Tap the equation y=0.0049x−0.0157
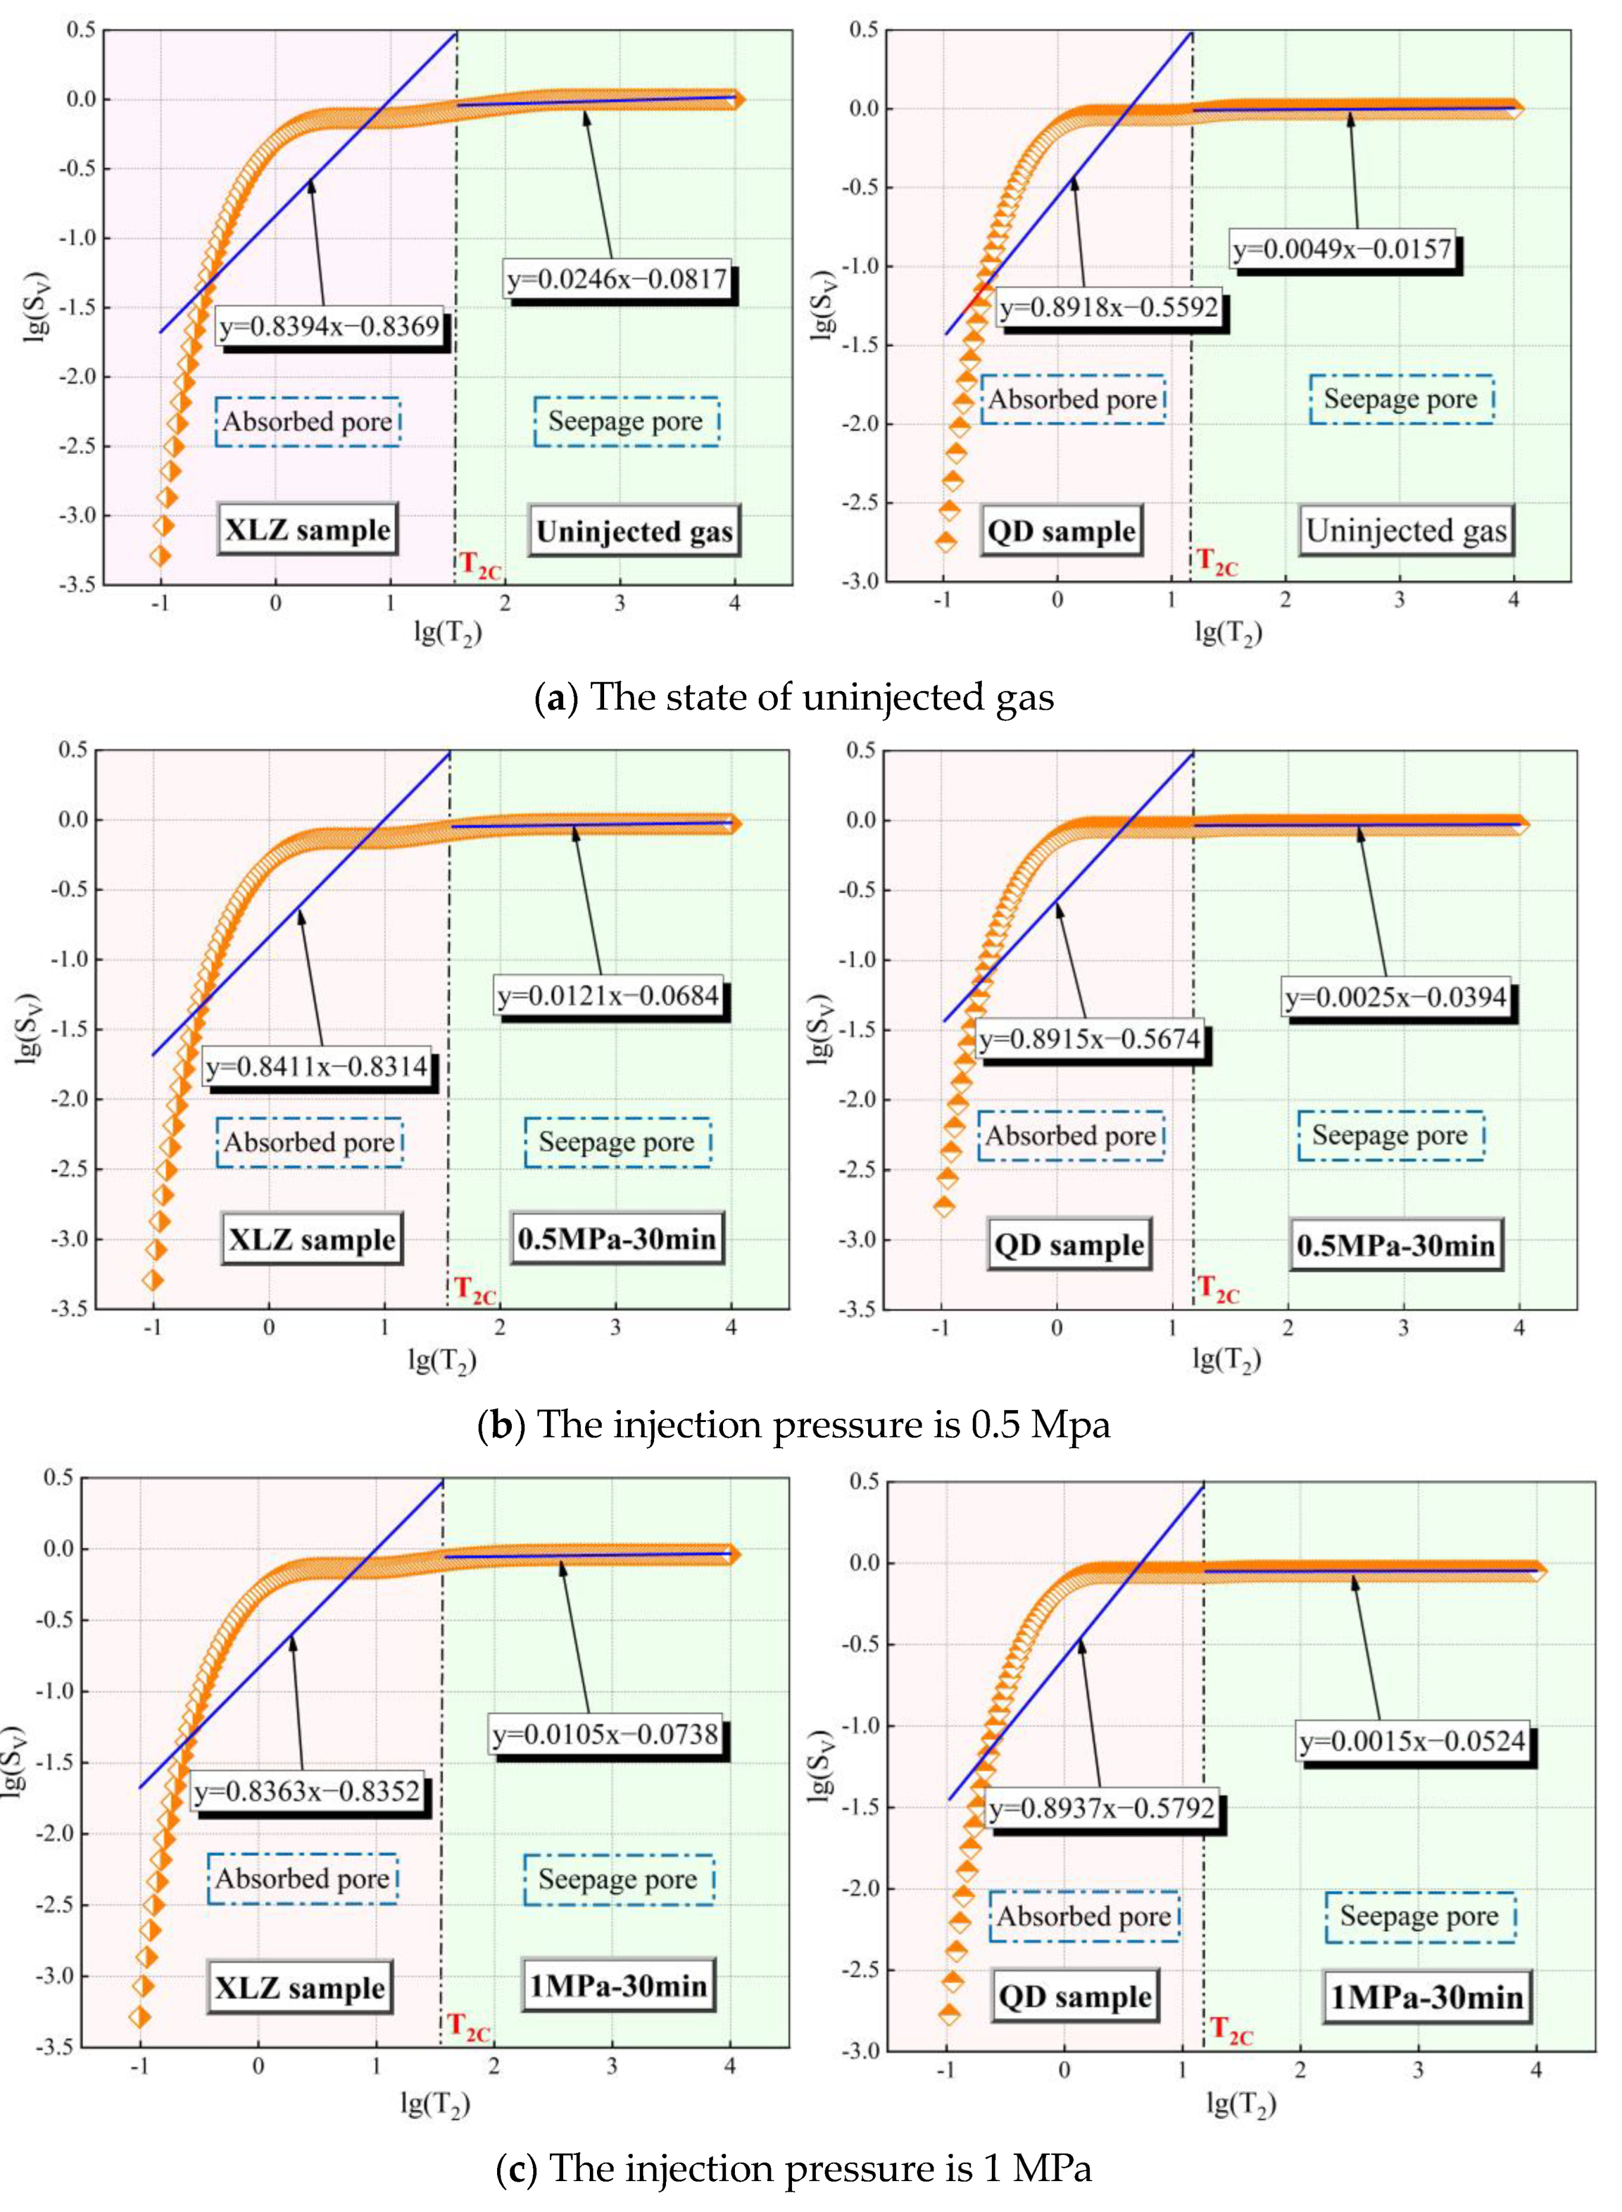[x=1342, y=249]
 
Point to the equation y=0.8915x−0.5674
[x=1090, y=1039]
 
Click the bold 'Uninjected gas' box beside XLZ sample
[x=633, y=531]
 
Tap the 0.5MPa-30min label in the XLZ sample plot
[x=617, y=1239]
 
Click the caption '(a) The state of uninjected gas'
[x=793, y=697]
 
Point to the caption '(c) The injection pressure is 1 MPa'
[x=793, y=2169]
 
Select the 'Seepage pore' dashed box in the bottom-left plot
[x=618, y=1879]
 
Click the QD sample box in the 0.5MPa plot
[x=1069, y=1245]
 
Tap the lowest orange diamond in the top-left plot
[x=160, y=556]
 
